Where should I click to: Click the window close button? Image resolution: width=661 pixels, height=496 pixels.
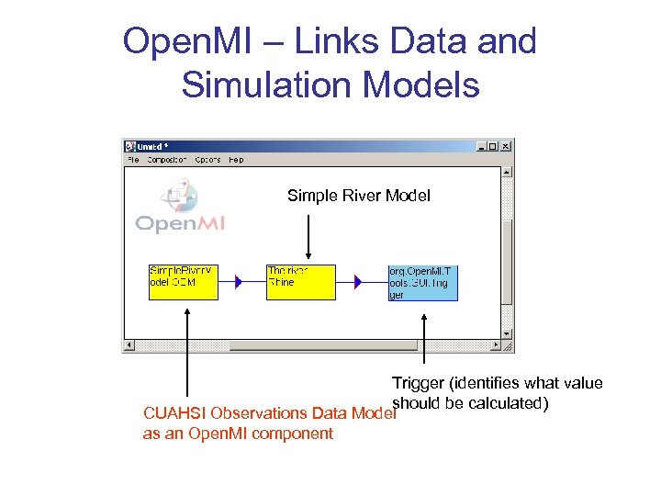pyautogui.click(x=506, y=146)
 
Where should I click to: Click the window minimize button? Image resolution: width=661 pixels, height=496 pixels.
pyautogui.click(x=482, y=146)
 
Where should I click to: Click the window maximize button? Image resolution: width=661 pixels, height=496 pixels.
pyautogui.click(x=494, y=146)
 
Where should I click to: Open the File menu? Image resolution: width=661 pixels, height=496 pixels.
pyautogui.click(x=132, y=160)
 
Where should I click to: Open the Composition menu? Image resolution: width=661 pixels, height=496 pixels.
pyautogui.click(x=166, y=160)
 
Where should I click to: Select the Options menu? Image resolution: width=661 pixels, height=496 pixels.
pyautogui.click(x=207, y=160)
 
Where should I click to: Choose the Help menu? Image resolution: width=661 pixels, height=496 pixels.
pyautogui.click(x=236, y=160)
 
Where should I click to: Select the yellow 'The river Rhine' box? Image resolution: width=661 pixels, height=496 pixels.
pyautogui.click(x=300, y=282)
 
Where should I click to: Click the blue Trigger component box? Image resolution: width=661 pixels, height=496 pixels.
pyautogui.click(x=422, y=282)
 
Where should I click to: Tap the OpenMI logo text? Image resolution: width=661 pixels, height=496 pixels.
pyautogui.click(x=181, y=223)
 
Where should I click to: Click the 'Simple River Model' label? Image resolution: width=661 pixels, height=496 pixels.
pyautogui.click(x=359, y=196)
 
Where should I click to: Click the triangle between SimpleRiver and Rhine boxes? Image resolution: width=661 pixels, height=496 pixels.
pyautogui.click(x=239, y=282)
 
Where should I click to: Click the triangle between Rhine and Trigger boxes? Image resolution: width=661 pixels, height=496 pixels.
pyautogui.click(x=358, y=282)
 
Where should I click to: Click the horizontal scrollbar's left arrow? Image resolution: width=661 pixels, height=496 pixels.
pyautogui.click(x=129, y=346)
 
